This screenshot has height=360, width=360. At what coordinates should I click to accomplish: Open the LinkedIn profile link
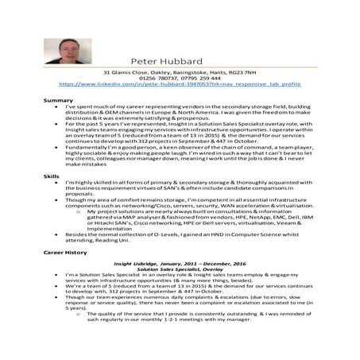pos(179,83)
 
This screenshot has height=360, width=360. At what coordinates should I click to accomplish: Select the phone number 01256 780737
pos(157,77)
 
